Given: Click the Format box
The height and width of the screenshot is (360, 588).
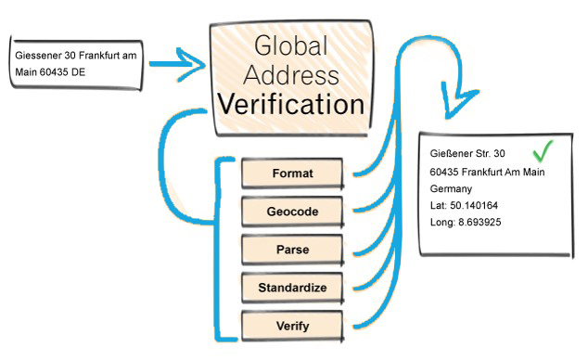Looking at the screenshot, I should coord(293,174).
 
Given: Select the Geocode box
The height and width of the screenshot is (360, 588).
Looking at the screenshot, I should coord(293,212).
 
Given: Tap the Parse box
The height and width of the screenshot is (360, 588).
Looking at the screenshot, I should coord(293,250).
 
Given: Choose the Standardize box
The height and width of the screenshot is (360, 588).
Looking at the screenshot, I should coord(293,288).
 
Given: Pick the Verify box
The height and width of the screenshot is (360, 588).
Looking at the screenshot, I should coord(293,326).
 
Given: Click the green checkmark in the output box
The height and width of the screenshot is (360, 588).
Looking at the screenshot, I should coord(543,150).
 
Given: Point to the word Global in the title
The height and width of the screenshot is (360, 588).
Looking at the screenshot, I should coord(292,45).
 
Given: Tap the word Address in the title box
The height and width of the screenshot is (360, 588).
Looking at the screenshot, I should coord(292,74).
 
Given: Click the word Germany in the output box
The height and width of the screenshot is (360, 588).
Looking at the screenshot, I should coord(452,188).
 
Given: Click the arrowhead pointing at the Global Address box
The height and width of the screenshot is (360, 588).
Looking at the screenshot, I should coord(192,66).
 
